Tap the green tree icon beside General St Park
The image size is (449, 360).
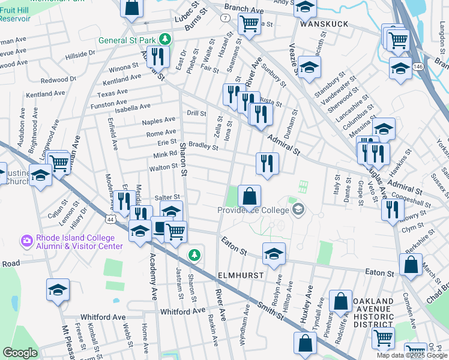164,40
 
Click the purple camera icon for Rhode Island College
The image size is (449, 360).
26,241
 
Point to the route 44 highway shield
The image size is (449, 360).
110,219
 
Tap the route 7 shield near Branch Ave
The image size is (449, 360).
224,19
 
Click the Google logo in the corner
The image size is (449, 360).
20,353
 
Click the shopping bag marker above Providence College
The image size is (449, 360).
249,196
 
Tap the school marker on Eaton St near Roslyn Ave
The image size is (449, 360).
274,253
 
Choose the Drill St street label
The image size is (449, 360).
196,113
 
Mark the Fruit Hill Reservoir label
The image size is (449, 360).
15,14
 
